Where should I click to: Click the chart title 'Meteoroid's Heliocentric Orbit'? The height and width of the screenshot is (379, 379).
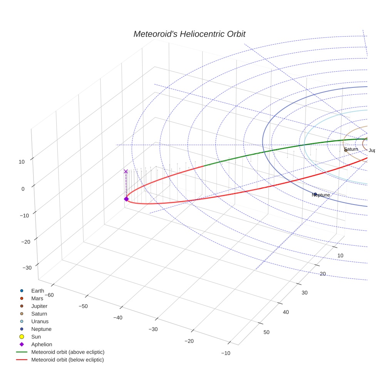pyautogui.click(x=189, y=34)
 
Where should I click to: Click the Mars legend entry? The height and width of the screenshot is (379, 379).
pyautogui.click(x=37, y=299)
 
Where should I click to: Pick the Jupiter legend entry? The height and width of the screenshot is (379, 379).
pyautogui.click(x=39, y=306)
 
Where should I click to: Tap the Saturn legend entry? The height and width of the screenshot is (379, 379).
pyautogui.click(x=39, y=314)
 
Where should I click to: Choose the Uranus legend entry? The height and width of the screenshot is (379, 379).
pyautogui.click(x=40, y=322)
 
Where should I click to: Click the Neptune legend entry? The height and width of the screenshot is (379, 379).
pyautogui.click(x=41, y=329)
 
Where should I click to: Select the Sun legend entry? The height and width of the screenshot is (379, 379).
pyautogui.click(x=36, y=337)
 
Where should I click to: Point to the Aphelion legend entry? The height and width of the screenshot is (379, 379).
pyautogui.click(x=41, y=345)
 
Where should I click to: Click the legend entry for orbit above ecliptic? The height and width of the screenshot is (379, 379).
pyautogui.click(x=67, y=352)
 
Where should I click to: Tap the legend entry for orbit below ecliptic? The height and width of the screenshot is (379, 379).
pyautogui.click(x=67, y=360)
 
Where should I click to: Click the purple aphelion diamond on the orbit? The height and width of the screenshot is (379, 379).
pyautogui.click(x=126, y=199)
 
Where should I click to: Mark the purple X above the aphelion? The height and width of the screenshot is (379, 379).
pyautogui.click(x=126, y=171)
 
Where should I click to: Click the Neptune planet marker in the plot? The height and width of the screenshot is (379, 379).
pyautogui.click(x=315, y=194)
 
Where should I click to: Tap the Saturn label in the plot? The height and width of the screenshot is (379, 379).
pyautogui.click(x=351, y=149)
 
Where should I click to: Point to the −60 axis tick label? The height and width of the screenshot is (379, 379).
pyautogui.click(x=49, y=295)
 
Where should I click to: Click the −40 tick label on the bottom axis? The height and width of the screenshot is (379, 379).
pyautogui.click(x=118, y=318)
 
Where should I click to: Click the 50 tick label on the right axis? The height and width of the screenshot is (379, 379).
pyautogui.click(x=267, y=332)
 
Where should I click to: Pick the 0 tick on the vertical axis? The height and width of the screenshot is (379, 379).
pyautogui.click(x=23, y=189)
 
